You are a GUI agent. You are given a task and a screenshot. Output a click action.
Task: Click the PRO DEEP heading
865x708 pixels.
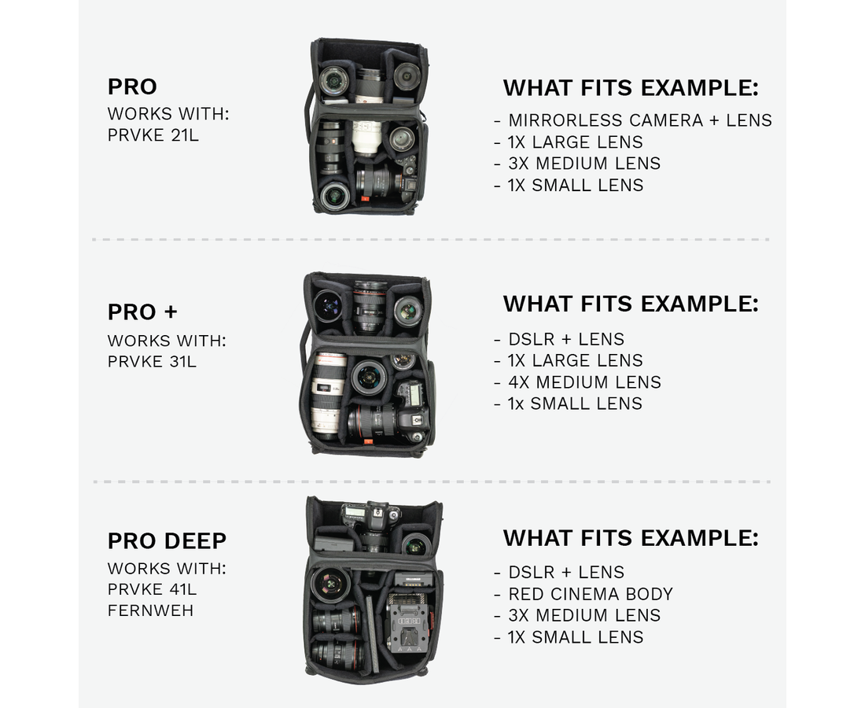point(167,540)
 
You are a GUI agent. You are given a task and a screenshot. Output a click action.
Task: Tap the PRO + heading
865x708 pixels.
point(142,312)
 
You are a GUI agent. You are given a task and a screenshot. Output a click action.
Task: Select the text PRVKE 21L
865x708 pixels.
point(153,135)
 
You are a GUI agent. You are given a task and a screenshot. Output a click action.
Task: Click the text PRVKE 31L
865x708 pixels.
point(152,361)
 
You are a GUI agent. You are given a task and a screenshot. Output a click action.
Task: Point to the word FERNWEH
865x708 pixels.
point(151,611)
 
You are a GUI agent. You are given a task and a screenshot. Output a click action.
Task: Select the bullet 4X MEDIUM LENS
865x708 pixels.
point(584,382)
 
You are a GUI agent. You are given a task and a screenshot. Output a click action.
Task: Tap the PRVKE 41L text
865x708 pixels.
point(152,589)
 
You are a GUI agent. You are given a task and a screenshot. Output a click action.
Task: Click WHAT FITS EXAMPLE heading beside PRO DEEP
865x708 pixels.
point(631,538)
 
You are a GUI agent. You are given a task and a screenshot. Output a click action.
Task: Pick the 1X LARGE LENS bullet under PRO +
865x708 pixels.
point(575,360)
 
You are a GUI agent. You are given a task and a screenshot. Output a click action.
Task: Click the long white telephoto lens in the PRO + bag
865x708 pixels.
point(328,396)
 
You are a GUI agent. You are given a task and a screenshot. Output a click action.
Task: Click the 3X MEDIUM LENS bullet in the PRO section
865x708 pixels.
point(584,164)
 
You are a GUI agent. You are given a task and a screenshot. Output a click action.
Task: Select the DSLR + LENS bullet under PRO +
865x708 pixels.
point(566,339)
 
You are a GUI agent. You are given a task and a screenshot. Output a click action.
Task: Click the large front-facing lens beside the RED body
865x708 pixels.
point(330,584)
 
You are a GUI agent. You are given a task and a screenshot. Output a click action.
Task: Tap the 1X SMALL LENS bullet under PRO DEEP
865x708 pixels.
point(576,637)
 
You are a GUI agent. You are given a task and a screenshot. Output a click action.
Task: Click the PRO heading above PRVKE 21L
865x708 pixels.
point(132,87)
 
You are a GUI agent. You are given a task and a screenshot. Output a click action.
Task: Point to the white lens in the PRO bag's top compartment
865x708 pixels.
point(369,87)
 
